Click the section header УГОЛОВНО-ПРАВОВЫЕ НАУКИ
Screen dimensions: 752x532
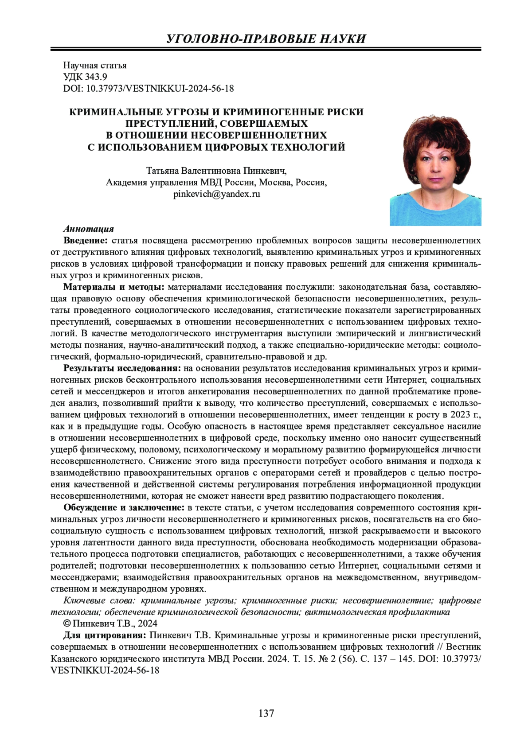[266, 39]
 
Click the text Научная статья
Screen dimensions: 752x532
[95, 66]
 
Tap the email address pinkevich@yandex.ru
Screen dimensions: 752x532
[217, 194]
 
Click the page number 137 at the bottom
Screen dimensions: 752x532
[266, 713]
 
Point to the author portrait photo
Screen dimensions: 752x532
[435, 171]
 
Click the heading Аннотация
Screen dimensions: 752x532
[89, 229]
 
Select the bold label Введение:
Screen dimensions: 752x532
[86, 241]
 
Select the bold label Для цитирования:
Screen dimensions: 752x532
[104, 635]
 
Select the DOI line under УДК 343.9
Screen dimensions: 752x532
[149, 89]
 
